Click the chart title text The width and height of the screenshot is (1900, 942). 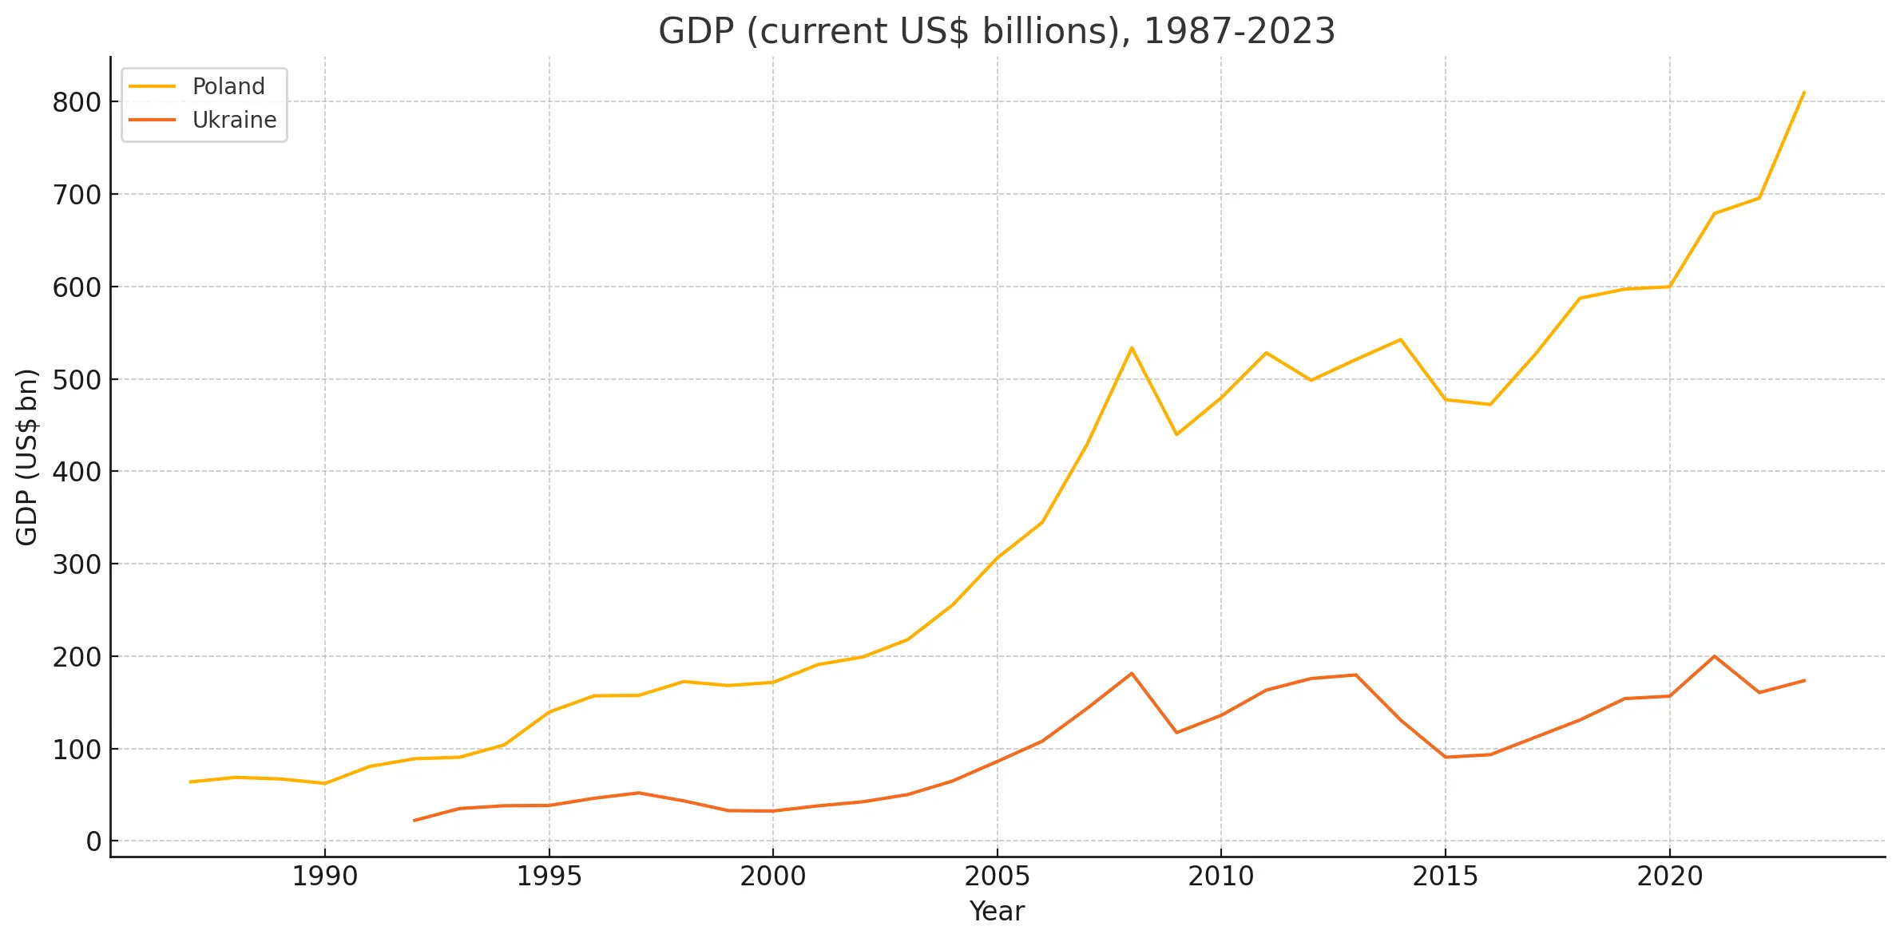coord(996,32)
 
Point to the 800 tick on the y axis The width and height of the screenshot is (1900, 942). coord(77,102)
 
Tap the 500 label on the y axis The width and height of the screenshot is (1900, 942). coord(77,380)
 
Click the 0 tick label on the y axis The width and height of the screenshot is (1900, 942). coord(94,841)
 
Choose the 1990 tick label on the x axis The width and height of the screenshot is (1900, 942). coord(324,877)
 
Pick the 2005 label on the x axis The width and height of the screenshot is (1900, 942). coord(997,877)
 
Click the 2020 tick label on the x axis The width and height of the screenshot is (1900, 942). coord(1669,877)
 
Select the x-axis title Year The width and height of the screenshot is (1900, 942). coord(996,911)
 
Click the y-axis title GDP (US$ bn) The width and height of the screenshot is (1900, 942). coord(27,457)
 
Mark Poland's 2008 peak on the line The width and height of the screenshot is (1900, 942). coord(1132,347)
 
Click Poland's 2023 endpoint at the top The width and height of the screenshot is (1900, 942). coord(1803,93)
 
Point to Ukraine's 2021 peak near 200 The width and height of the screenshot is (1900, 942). coord(1714,656)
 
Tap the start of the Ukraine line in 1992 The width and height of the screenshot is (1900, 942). coord(415,820)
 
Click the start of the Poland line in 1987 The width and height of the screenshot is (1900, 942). coord(190,782)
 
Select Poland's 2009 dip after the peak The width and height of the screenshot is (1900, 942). coord(1176,434)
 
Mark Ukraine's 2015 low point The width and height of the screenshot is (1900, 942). coord(1446,757)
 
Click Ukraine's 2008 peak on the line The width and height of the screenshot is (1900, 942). coord(1132,673)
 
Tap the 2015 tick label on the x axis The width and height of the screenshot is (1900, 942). coord(1445,877)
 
